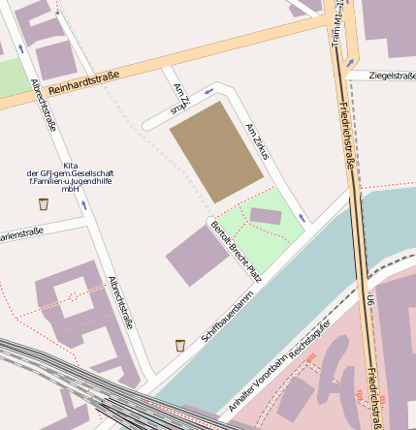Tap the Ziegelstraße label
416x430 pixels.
click(393, 76)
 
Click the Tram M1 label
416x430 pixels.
click(336, 23)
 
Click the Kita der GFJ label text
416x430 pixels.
click(70, 177)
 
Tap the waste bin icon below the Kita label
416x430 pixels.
click(44, 203)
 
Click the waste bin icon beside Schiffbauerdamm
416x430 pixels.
click(180, 346)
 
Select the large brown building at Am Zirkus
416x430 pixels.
click(216, 151)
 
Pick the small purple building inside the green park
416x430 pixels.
click(266, 216)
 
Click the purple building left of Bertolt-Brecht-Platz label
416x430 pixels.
click(196, 256)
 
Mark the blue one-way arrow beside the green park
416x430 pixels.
click(301, 218)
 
